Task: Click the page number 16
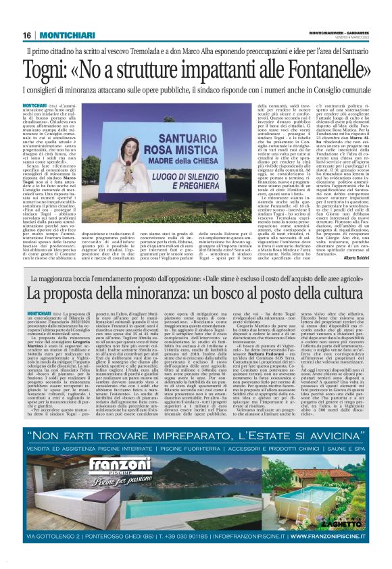tap(27, 35)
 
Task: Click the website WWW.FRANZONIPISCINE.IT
tap(325, 537)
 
